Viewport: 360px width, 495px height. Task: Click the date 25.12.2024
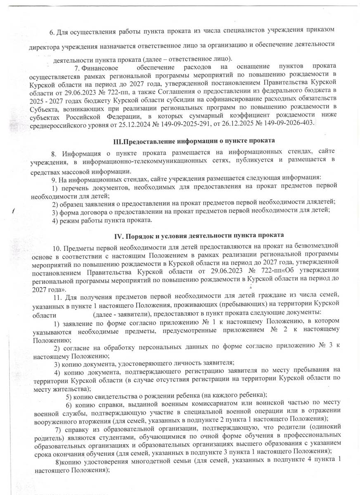click(x=149, y=124)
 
